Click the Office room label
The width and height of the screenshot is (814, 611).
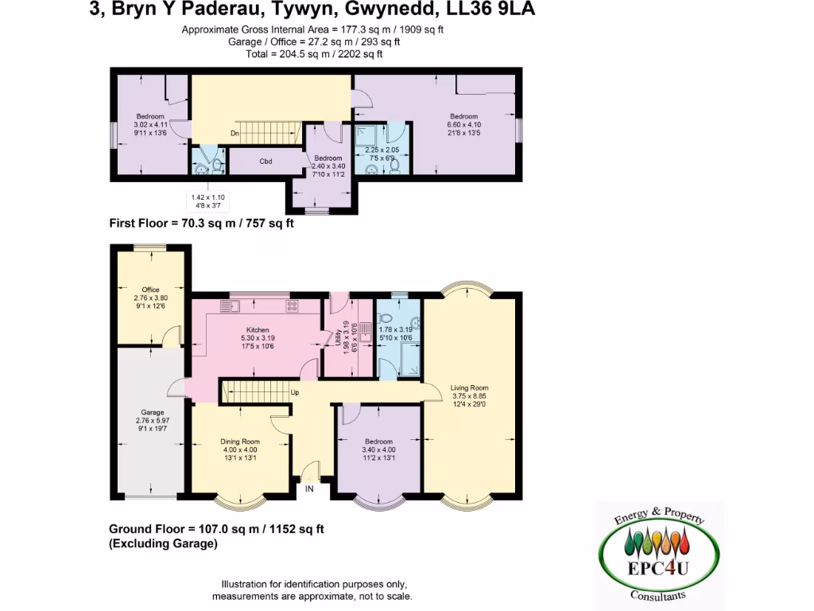click(151, 290)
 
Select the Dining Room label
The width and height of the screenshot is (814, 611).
click(240, 442)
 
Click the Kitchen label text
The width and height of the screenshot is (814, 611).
click(257, 329)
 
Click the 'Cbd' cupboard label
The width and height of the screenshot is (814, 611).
click(266, 162)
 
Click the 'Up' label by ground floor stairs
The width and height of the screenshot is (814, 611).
click(294, 393)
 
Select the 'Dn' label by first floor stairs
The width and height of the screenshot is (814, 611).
click(235, 133)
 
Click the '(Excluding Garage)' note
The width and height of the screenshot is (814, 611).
click(163, 544)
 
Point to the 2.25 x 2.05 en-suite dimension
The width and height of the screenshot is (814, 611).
click(382, 150)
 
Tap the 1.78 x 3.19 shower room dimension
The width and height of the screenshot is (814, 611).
click(396, 329)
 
